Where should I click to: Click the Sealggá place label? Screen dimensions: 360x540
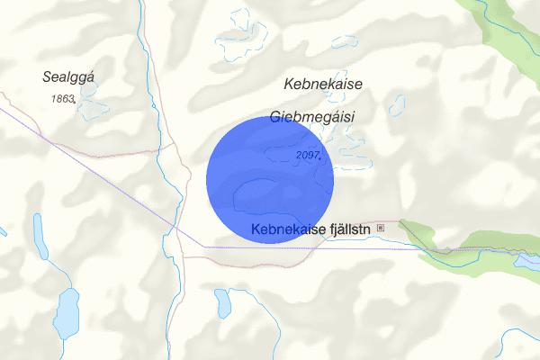pyautogui.click(x=68, y=78)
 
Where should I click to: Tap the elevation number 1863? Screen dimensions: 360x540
pyautogui.click(x=62, y=98)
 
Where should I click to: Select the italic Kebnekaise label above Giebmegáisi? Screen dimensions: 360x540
pyautogui.click(x=322, y=85)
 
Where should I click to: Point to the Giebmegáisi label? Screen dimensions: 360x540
pyautogui.click(x=312, y=117)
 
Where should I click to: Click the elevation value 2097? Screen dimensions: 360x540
pyautogui.click(x=308, y=156)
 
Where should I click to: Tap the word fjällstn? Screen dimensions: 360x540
pyautogui.click(x=345, y=229)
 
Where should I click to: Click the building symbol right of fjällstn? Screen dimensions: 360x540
pyautogui.click(x=380, y=228)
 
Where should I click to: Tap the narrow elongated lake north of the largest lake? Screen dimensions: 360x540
pyautogui.click(x=40, y=236)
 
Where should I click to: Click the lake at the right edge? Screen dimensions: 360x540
pyautogui.click(x=527, y=262)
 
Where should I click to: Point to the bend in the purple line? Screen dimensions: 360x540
pyautogui.click(x=203, y=246)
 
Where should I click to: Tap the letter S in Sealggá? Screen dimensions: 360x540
pyautogui.click(x=47, y=78)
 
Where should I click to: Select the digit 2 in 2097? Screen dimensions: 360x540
pyautogui.click(x=299, y=156)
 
